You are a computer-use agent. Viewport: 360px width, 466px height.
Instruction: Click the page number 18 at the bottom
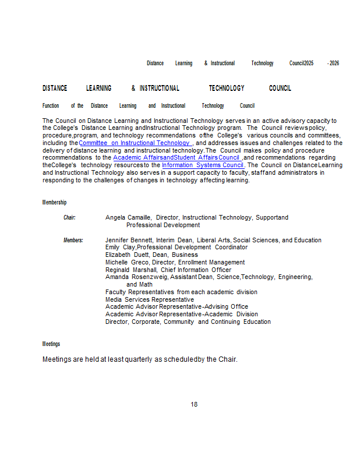pos(194,404)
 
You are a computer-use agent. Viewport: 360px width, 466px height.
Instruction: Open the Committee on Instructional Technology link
pos(135,143)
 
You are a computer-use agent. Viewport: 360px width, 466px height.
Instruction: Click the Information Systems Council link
pos(203,165)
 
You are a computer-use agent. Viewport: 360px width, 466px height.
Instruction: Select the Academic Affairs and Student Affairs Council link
pos(176,157)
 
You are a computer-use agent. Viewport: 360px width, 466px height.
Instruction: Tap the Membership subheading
pos(54,202)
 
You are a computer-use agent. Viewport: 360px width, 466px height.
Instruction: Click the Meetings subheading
pos(51,344)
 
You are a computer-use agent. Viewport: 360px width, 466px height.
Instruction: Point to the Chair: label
pos(69,217)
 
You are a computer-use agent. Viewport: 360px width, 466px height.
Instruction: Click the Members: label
pos(73,240)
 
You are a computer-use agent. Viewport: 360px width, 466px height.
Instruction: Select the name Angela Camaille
pos(128,217)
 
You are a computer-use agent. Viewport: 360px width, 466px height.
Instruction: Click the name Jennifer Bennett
pos(129,240)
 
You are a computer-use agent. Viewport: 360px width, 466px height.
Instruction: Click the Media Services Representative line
pos(150,299)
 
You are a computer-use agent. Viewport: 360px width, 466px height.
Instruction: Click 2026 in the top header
pos(334,63)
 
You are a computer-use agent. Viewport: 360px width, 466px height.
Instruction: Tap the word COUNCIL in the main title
pos(280,89)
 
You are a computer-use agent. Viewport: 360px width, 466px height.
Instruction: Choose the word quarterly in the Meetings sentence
pos(139,359)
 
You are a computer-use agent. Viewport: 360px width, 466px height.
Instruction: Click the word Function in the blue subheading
pos(51,106)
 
